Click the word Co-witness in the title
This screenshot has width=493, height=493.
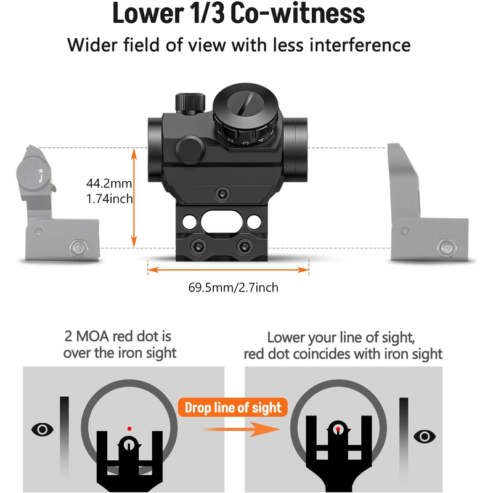[298, 13]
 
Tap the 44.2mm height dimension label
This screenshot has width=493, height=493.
[109, 183]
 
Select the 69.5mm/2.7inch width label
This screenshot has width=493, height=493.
[234, 288]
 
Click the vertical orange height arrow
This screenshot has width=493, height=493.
[134, 197]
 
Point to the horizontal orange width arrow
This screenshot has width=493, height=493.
[228, 270]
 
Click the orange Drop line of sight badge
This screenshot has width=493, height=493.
[233, 407]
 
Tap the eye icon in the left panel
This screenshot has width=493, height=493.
[42, 429]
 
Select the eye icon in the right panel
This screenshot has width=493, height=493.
[425, 436]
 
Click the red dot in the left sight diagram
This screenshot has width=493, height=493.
[129, 428]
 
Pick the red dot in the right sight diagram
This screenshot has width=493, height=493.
[338, 429]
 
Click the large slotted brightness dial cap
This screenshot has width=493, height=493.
[245, 105]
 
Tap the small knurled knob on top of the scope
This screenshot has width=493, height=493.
[190, 103]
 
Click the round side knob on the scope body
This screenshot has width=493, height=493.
[190, 150]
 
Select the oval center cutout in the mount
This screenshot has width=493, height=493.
[221, 222]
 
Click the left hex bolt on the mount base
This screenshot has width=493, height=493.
[198, 247]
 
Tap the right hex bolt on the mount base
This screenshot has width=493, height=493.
[244, 247]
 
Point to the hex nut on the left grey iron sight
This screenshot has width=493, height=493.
[78, 248]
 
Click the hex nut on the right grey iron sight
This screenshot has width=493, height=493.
[446, 248]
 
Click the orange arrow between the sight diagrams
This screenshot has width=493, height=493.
[240, 429]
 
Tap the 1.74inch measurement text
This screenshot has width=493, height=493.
[110, 198]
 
